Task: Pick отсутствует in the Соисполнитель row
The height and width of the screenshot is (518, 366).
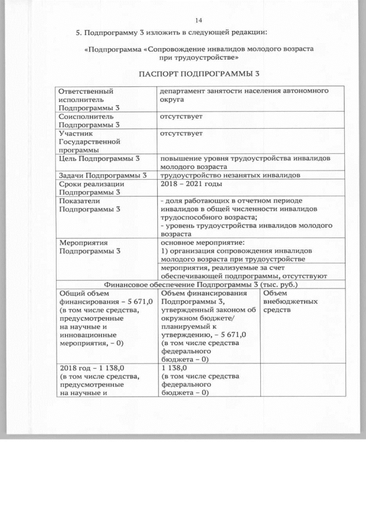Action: point(181,116)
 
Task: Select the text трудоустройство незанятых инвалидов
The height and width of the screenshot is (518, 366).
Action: point(230,175)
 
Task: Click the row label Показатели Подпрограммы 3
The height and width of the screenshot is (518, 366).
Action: point(90,204)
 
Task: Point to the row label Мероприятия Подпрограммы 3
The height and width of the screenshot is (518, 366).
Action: point(90,246)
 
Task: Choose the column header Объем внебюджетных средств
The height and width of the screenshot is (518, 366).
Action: point(288,301)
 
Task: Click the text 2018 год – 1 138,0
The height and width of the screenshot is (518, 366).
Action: point(92,368)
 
